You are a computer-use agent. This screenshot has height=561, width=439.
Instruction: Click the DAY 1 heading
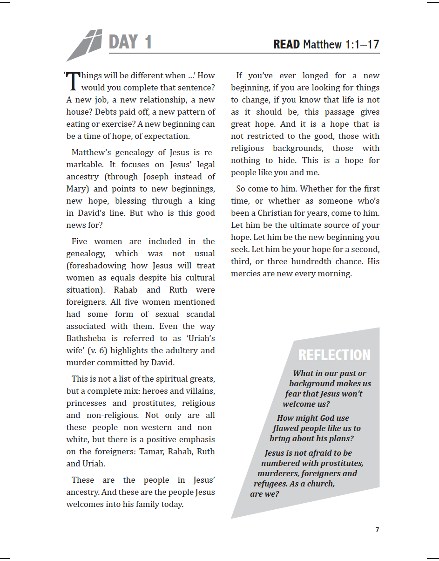(130, 42)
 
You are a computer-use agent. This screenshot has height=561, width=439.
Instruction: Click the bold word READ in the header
(286, 45)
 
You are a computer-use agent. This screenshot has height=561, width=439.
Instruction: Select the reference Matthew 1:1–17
(341, 45)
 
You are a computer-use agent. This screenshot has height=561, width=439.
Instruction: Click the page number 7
(377, 530)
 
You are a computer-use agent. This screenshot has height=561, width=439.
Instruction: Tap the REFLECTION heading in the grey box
(334, 355)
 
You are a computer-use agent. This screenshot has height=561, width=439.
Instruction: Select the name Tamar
(151, 452)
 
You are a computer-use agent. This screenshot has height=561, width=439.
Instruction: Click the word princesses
(87, 403)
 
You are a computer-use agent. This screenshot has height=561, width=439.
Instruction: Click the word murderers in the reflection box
(278, 473)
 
